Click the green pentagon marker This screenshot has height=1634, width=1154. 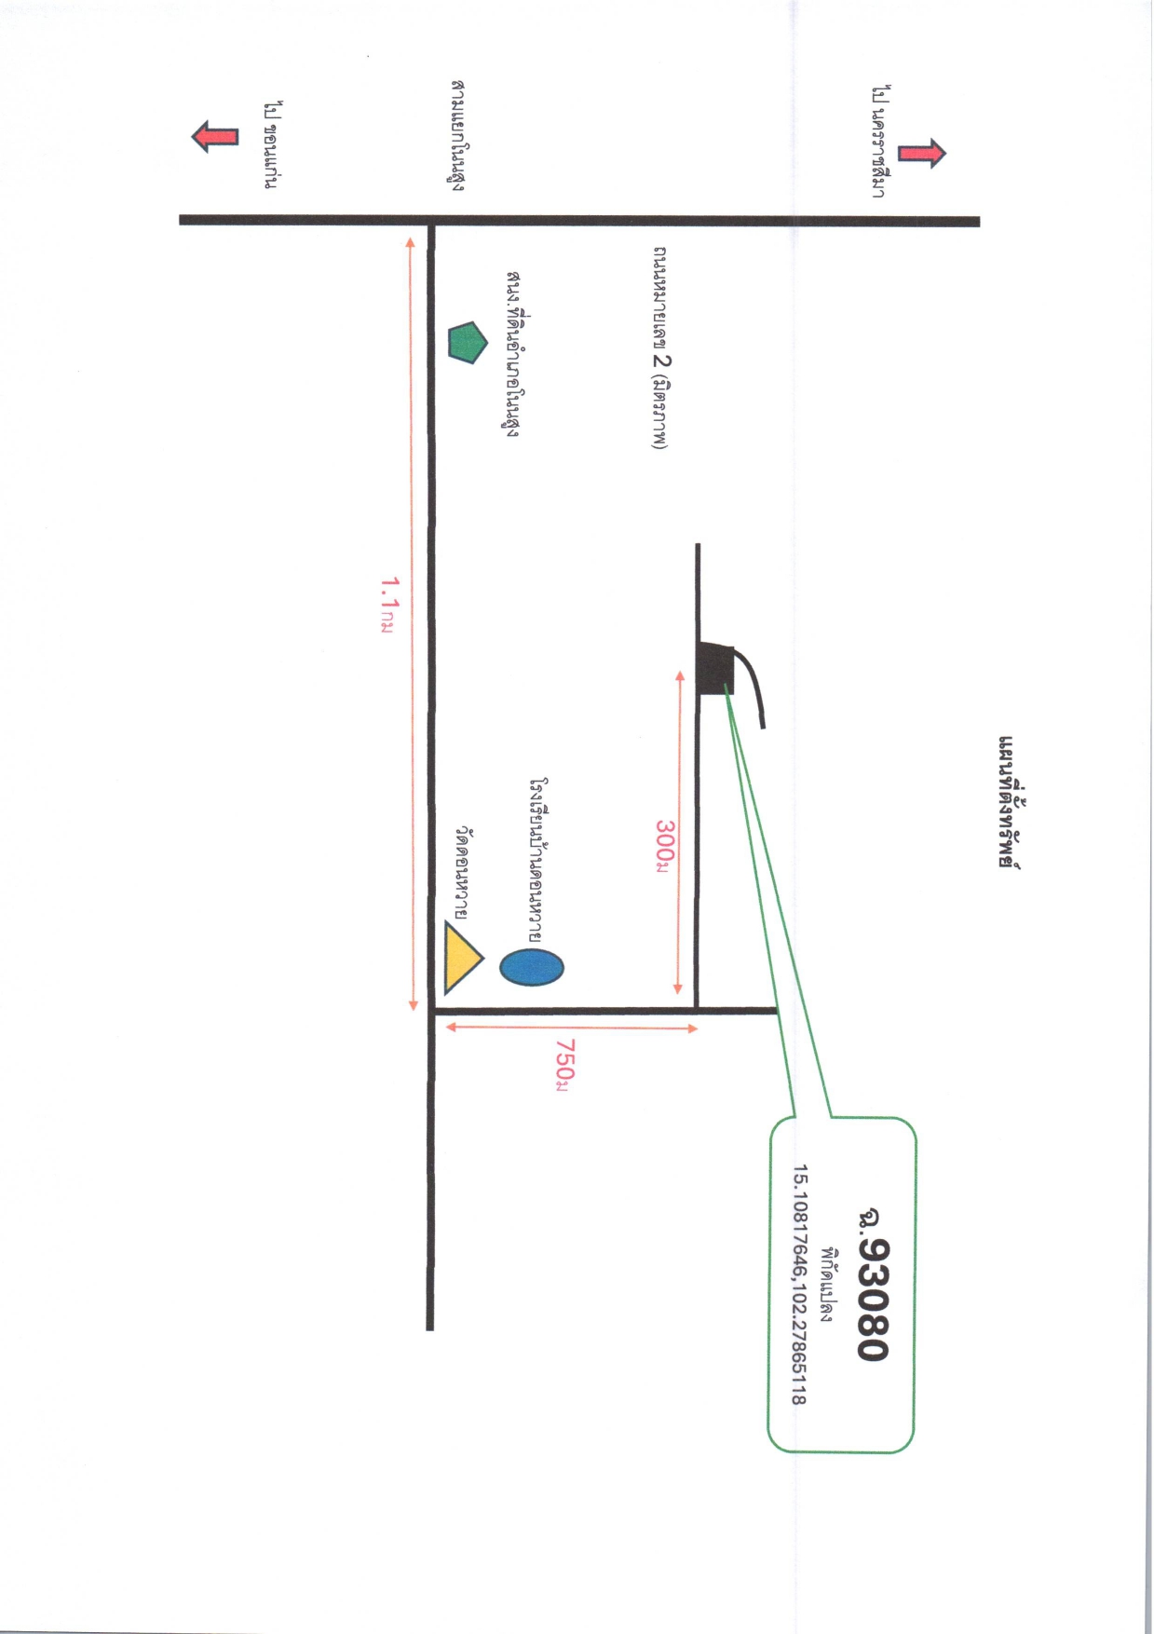468,343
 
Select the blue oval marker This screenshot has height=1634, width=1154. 532,967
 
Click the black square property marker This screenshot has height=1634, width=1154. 715,668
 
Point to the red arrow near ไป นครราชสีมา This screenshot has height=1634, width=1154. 922,153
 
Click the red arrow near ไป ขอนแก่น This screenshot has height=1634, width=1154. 215,137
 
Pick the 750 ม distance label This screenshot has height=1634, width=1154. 563,1062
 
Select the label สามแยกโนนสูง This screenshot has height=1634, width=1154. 456,136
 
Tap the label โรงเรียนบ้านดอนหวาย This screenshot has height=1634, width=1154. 536,859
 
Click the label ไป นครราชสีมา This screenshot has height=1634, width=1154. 878,142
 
